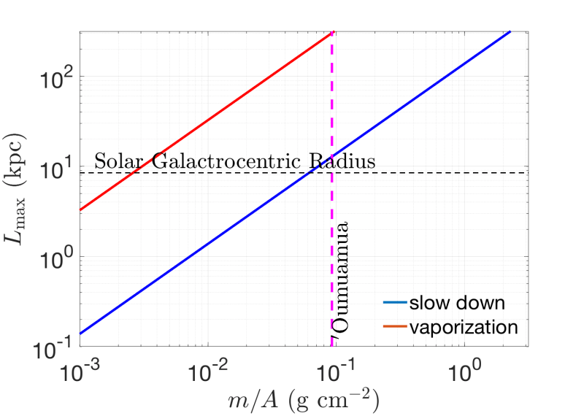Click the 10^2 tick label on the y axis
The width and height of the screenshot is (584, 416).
point(56,77)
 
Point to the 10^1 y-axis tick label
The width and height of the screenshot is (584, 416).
point(56,167)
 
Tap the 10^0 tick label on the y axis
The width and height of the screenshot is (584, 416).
point(56,257)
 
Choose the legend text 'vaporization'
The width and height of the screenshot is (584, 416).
point(462,326)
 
